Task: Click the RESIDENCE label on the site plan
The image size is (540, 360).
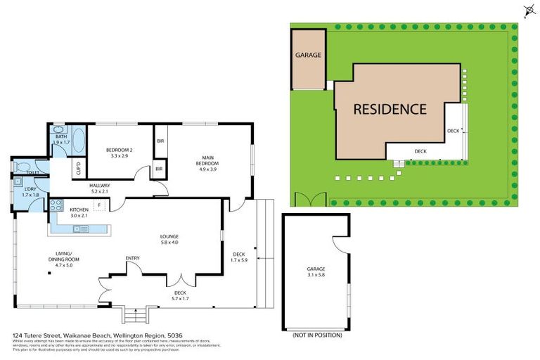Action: tap(390, 109)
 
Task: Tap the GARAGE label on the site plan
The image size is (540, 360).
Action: tap(308, 54)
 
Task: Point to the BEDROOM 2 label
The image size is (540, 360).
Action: tap(120, 152)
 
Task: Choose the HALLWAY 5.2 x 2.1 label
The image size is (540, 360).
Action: tap(101, 188)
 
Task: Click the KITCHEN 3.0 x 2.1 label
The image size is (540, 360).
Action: tap(79, 212)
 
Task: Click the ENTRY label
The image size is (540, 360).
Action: tap(132, 258)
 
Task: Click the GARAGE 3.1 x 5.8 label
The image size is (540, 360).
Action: tap(315, 272)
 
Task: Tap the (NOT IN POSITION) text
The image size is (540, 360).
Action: tap(316, 336)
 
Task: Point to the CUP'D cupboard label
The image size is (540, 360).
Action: tap(77, 169)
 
